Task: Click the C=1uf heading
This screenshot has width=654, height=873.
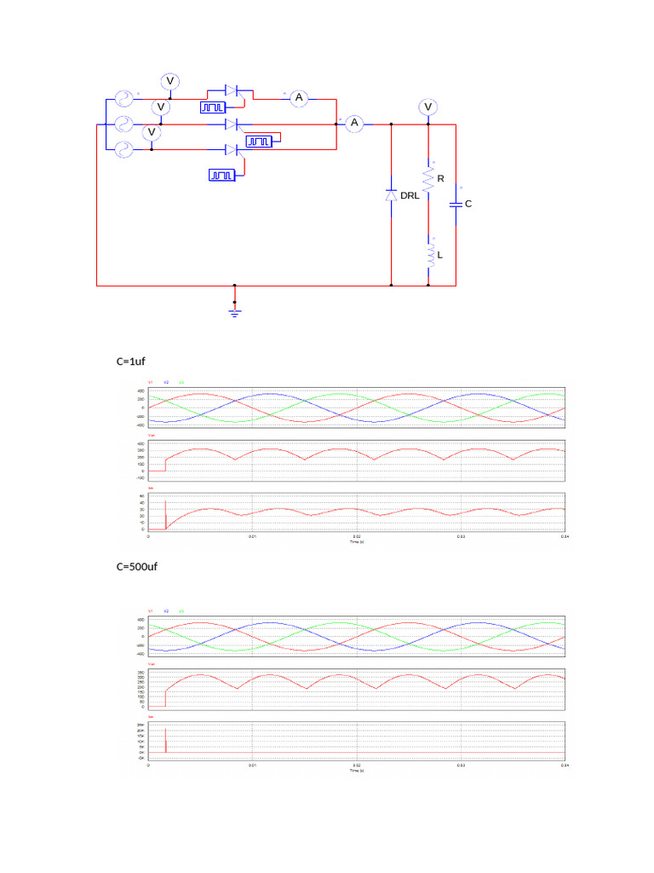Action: coord(131,361)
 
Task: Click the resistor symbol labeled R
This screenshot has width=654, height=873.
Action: coord(430,180)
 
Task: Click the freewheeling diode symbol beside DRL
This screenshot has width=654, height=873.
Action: coord(391,195)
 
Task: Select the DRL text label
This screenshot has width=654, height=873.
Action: coord(410,195)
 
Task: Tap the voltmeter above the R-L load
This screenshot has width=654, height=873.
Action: coord(428,107)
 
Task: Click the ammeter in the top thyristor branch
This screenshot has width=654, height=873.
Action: coord(299,98)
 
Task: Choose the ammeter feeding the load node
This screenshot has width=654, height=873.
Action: coord(355,124)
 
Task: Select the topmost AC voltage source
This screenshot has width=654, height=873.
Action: coord(119,98)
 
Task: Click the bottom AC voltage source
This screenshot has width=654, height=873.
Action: coord(119,151)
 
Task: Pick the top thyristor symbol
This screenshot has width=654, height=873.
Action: coord(236,90)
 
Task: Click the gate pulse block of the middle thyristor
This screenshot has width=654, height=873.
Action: coord(260,141)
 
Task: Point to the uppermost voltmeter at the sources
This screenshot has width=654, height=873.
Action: coord(169,81)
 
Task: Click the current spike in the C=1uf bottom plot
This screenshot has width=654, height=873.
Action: coord(165,503)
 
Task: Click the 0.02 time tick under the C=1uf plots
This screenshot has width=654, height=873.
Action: coord(357,538)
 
